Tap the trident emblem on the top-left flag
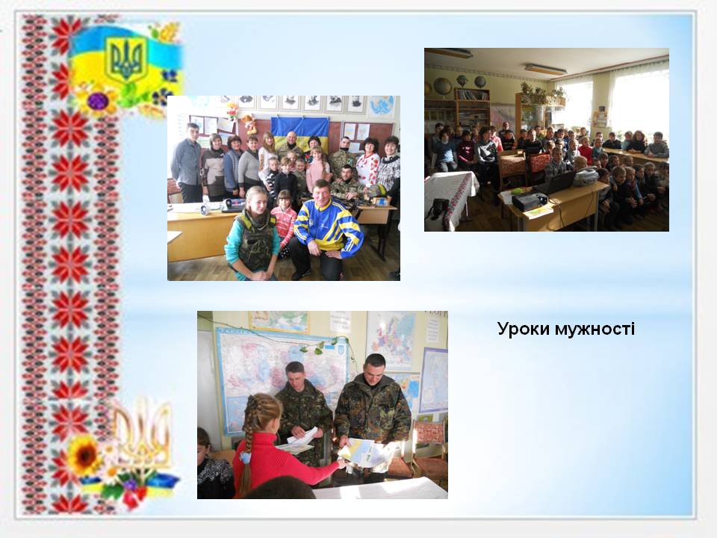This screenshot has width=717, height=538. (125, 58)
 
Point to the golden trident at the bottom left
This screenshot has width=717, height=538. (142, 435)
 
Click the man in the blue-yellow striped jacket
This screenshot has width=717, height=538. (326, 231)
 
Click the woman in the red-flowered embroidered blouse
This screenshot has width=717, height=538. (367, 167)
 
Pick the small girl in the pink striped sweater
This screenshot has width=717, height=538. (284, 224)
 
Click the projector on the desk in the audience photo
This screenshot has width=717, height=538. (529, 200)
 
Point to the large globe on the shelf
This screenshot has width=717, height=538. (443, 86)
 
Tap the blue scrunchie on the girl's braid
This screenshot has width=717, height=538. (246, 457)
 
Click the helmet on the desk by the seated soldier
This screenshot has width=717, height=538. (376, 191)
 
